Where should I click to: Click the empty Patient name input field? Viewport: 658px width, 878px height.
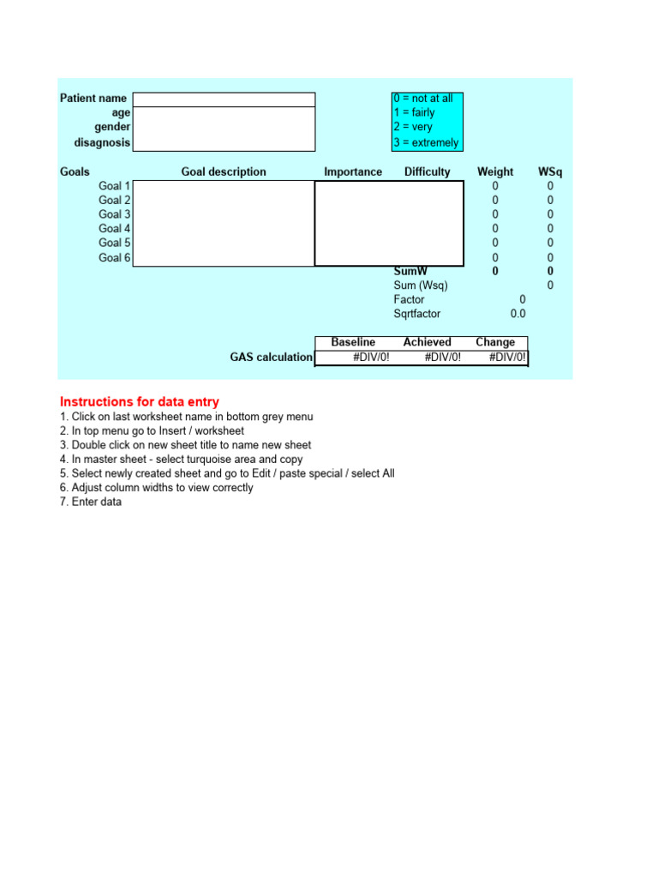point(224,99)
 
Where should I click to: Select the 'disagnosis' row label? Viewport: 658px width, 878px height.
point(102,143)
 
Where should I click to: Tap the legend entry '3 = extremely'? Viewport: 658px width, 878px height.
point(426,143)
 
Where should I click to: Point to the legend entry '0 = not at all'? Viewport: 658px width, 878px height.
point(423,99)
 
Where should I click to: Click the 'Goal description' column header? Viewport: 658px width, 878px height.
point(224,171)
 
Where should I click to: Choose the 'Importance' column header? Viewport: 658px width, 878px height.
point(353,171)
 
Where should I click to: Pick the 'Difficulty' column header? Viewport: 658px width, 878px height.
point(427,171)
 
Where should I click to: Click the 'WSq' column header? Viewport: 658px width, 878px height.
point(550,171)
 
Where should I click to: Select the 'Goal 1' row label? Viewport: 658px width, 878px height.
point(115,186)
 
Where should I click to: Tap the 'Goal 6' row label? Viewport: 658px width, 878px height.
point(115,258)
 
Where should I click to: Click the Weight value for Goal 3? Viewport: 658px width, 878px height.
point(495,214)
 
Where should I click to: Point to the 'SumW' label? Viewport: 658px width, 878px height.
point(410,271)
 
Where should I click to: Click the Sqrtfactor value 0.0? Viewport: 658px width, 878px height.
point(518,315)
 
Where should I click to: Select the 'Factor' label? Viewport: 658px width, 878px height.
point(409,300)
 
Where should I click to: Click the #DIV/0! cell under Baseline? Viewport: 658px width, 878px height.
point(371,358)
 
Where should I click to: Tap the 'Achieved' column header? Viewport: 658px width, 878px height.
point(427,342)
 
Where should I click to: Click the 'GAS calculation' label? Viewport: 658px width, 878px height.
point(271,358)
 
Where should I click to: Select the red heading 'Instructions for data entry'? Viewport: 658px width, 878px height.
point(140,401)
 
